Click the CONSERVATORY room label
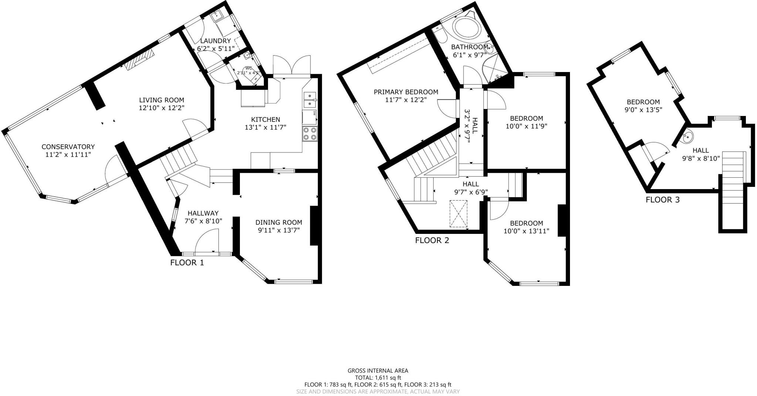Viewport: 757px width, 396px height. point(68,147)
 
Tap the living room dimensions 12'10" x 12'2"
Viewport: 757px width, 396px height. point(162,108)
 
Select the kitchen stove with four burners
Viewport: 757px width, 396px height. point(310,133)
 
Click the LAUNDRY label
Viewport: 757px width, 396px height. point(215,41)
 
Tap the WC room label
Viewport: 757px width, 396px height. point(249,68)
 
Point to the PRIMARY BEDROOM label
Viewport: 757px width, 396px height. point(406,92)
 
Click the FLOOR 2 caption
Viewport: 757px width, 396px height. point(432,240)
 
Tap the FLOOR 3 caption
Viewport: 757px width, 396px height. point(662,200)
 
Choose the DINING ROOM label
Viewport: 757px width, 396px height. point(279,222)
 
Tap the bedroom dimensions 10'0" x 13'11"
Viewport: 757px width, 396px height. point(526,231)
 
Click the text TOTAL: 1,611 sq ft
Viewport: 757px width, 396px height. point(378,378)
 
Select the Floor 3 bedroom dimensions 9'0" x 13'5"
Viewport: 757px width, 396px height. point(643,110)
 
